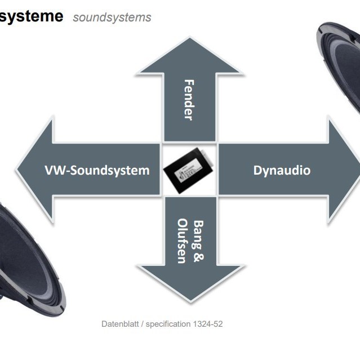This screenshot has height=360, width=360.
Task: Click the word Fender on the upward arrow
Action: click(189, 100)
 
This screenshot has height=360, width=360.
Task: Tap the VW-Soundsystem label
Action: click(97, 170)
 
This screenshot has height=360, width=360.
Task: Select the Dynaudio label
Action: click(282, 170)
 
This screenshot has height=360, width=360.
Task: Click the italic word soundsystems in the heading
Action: click(112, 17)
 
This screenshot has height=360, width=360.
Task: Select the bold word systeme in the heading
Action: click(31, 16)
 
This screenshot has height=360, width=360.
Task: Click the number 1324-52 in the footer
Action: click(208, 324)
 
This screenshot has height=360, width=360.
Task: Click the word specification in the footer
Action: click(168, 324)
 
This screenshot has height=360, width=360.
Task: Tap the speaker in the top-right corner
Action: click(341, 62)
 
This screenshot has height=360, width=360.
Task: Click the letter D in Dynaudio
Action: click(257, 170)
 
